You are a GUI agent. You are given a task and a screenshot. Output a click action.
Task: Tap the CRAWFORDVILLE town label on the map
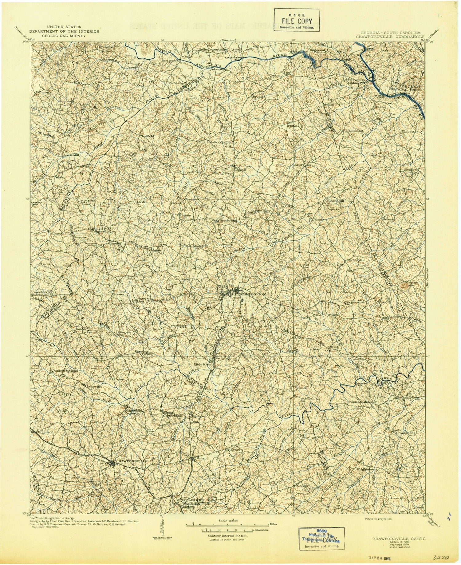[x=131, y=462]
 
